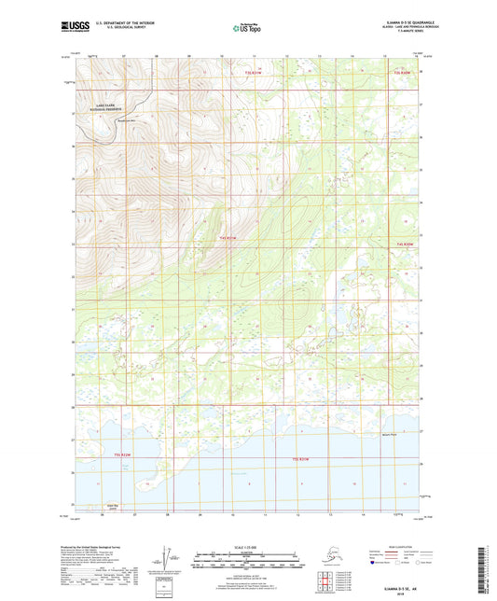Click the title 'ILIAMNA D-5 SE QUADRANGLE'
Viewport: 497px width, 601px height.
click(403, 21)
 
